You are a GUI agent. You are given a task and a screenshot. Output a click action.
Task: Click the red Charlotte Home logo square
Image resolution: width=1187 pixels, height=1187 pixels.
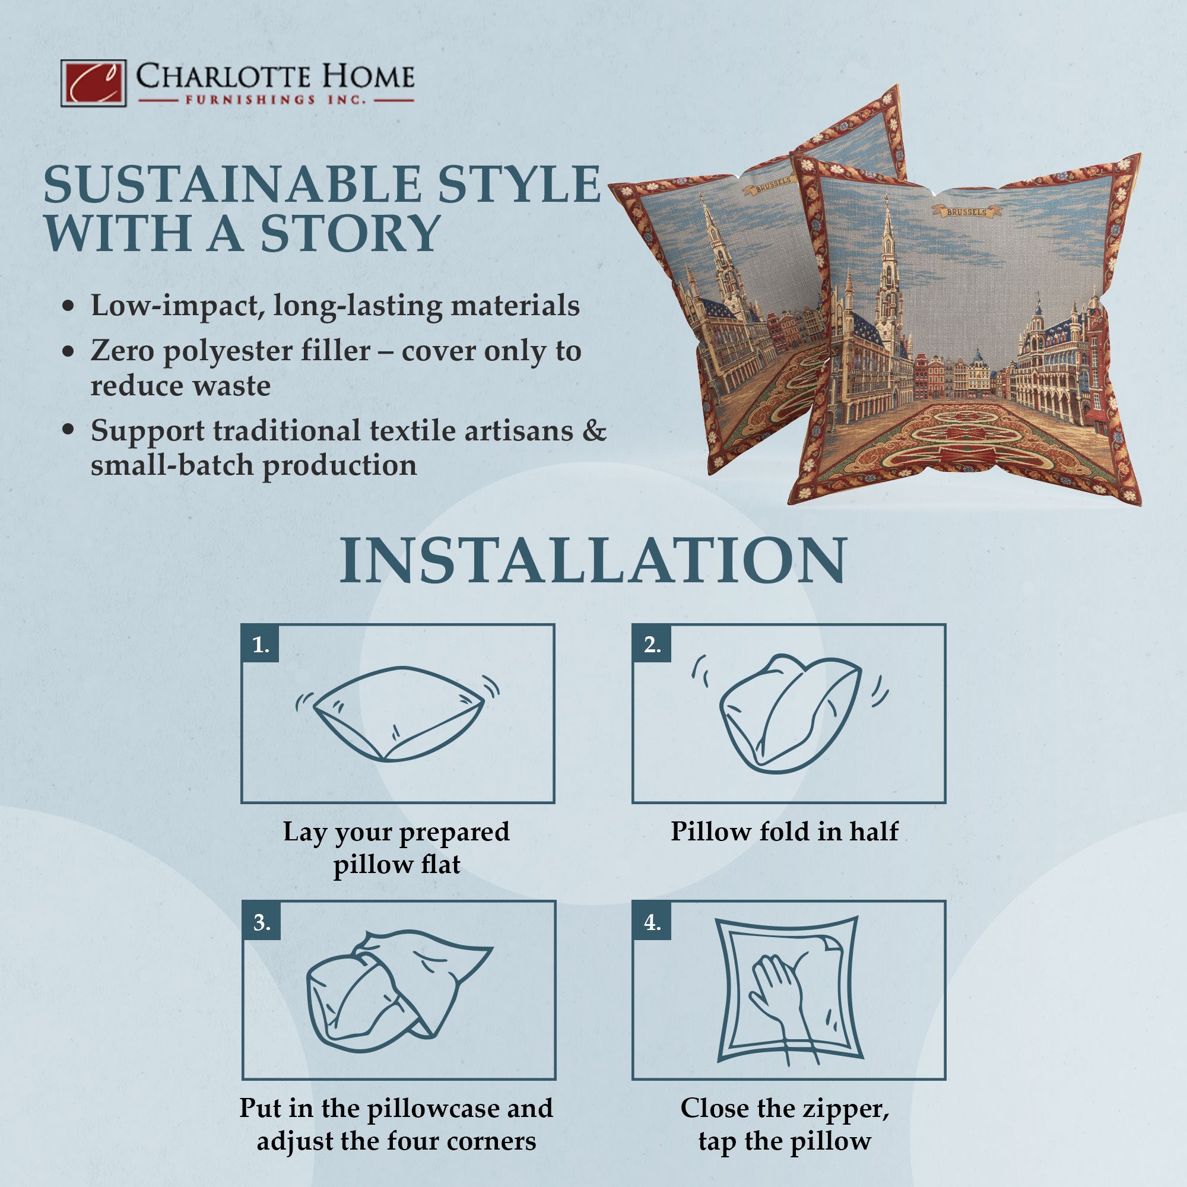click(93, 83)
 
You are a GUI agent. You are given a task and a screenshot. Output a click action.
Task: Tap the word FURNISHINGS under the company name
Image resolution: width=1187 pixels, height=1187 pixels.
click(250, 100)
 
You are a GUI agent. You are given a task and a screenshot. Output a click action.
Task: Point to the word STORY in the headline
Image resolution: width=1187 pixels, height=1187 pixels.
click(350, 233)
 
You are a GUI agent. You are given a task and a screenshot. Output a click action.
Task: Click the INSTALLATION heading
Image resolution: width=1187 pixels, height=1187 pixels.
click(593, 560)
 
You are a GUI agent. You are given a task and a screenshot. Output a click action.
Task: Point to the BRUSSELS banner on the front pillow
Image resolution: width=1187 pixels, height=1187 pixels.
click(966, 212)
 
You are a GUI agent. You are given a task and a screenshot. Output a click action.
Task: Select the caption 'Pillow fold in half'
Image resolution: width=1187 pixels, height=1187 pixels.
click(785, 831)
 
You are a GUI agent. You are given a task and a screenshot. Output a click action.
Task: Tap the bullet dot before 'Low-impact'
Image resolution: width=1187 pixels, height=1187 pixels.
click(69, 306)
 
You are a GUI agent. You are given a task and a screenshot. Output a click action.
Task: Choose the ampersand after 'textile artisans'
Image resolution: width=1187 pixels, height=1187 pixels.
click(593, 431)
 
